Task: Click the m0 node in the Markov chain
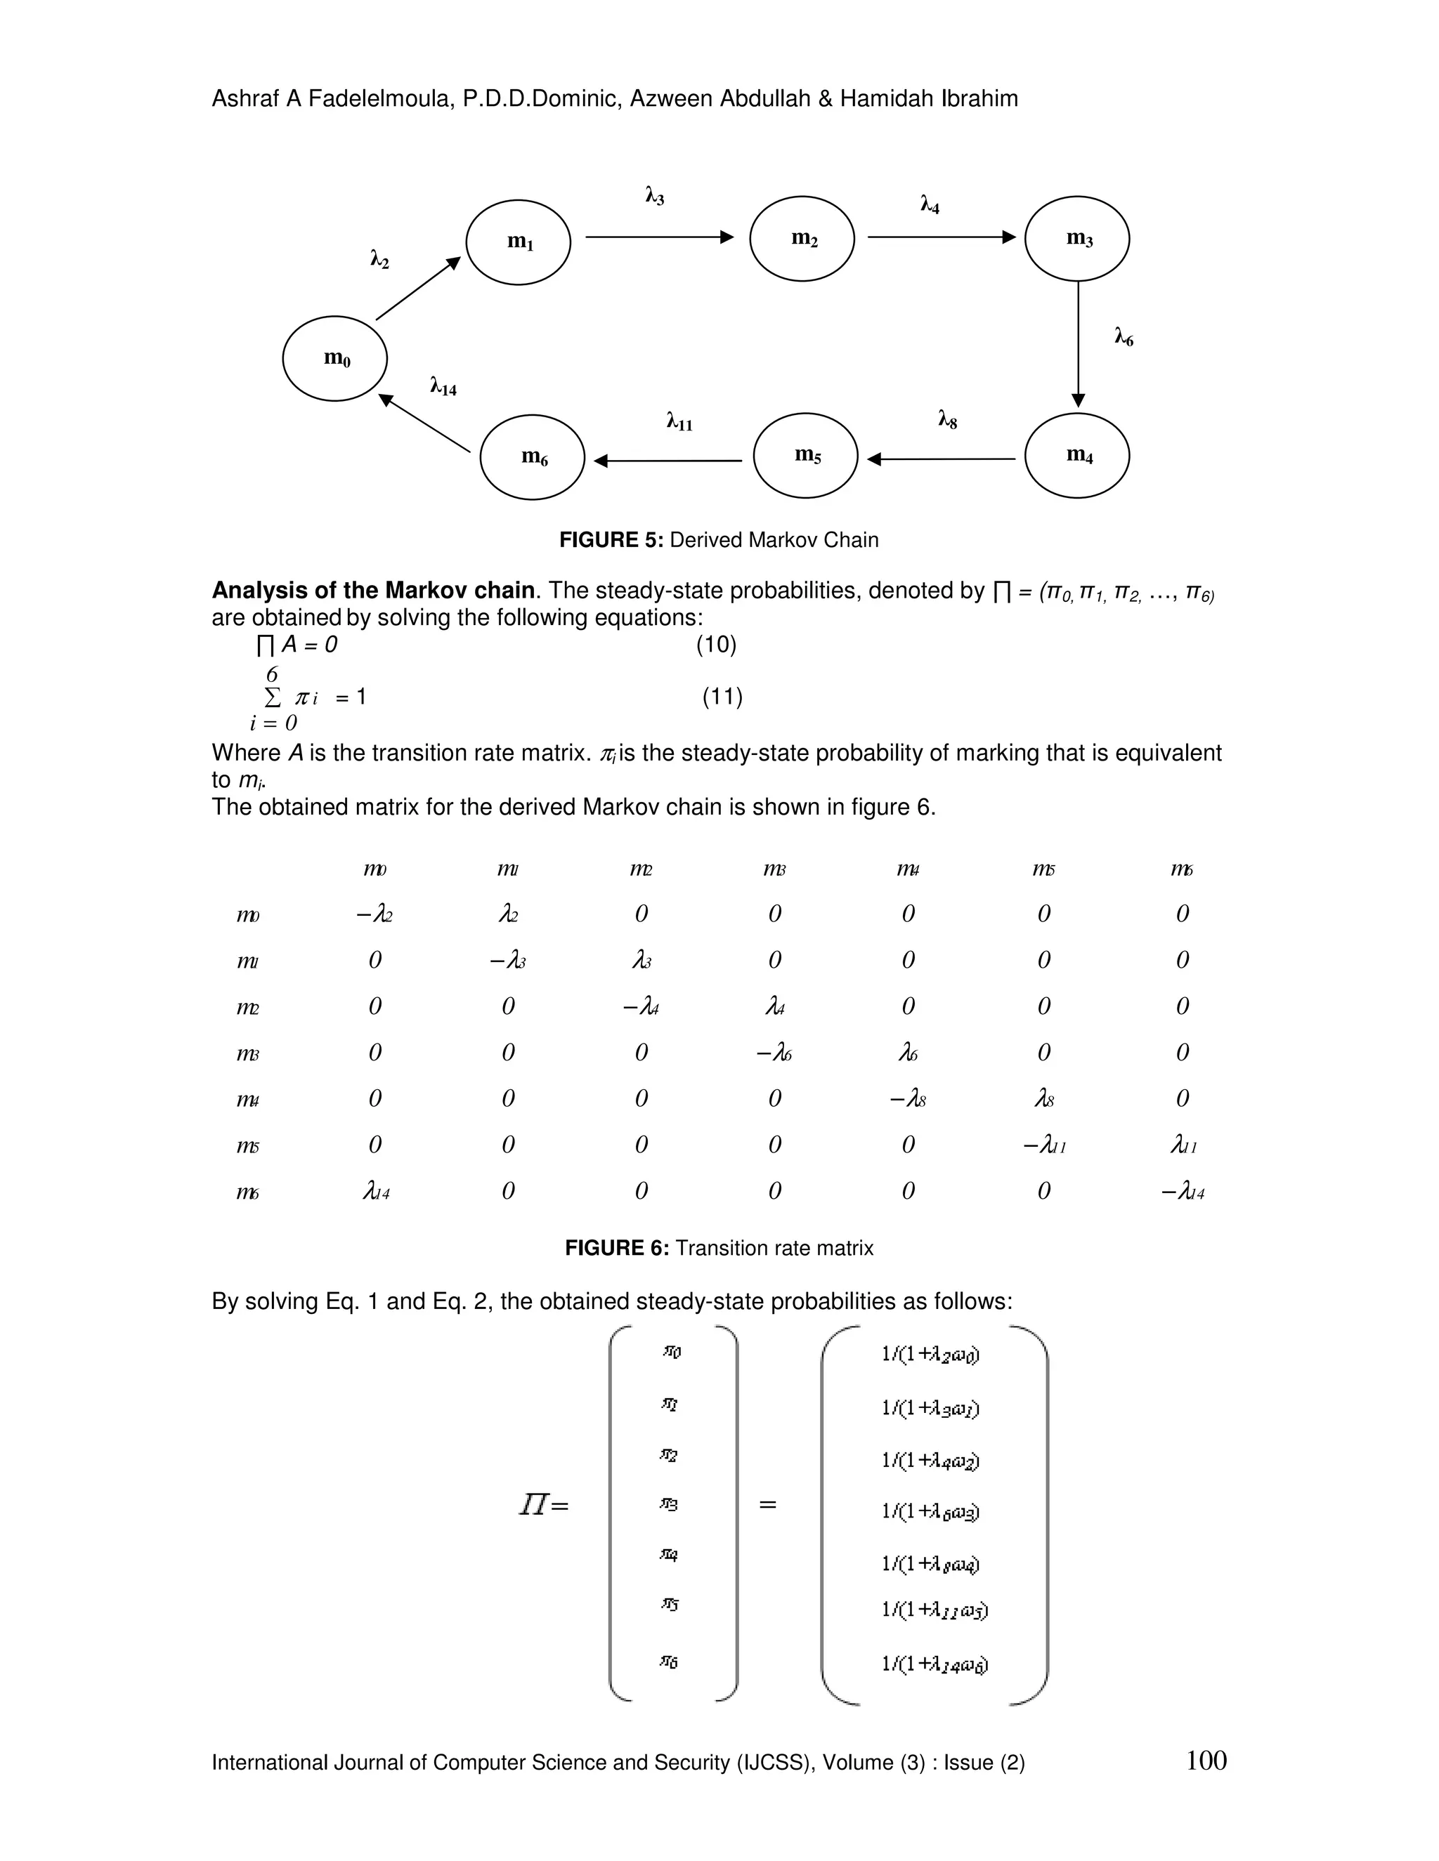[x=335, y=358]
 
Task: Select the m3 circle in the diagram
[x=1076, y=238]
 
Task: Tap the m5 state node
[x=806, y=455]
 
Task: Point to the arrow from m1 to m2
[x=659, y=237]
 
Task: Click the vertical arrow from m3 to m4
[x=1079, y=344]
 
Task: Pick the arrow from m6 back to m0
[x=424, y=423]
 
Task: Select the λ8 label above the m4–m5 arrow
[x=947, y=419]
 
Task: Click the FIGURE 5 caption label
[x=611, y=540]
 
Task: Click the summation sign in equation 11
[x=273, y=697]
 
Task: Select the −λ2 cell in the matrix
[x=375, y=914]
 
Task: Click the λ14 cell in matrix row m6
[x=376, y=1191]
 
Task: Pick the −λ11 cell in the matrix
[x=1044, y=1145]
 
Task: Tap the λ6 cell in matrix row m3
[x=909, y=1053]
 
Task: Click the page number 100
[x=1206, y=1761]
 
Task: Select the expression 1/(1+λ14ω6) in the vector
[x=935, y=1664]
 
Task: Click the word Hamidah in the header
[x=887, y=99]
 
